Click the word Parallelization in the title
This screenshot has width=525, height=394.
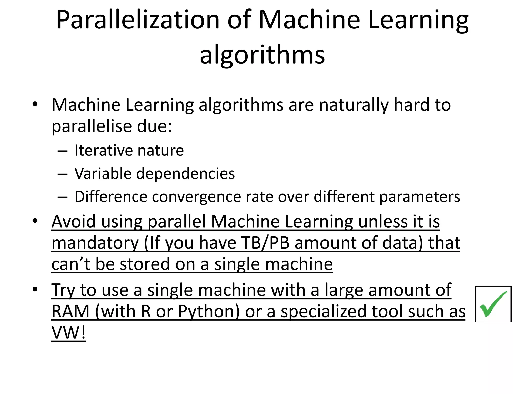138,20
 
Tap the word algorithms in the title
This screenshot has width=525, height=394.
262,55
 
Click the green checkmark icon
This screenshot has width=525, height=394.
493,304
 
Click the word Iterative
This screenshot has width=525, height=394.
104,150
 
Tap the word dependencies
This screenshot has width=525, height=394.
185,173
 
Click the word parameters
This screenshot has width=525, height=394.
420,197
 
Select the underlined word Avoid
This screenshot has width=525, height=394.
74,221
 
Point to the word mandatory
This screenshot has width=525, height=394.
95,243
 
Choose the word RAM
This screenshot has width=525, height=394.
70,311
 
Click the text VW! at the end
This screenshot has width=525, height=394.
68,333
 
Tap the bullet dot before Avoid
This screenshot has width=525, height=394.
35,221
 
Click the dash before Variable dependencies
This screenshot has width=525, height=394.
63,174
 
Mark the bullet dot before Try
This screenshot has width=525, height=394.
35,289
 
